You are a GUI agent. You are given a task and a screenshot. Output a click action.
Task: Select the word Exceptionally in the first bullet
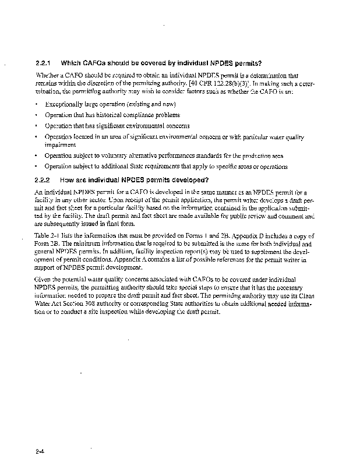(x=63, y=104)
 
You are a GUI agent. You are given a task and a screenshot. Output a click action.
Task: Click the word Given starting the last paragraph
(x=43, y=280)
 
